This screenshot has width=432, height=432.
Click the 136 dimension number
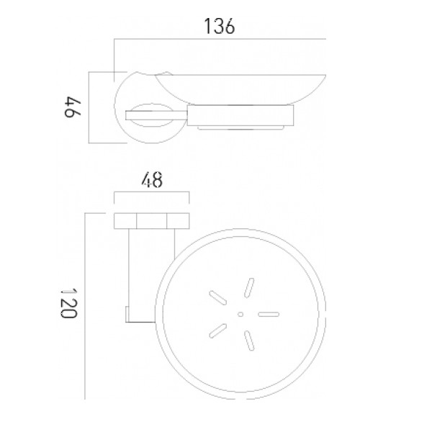point(220,27)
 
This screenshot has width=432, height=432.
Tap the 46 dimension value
point(73,107)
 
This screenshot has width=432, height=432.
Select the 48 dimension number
point(152,180)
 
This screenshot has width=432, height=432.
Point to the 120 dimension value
point(68,303)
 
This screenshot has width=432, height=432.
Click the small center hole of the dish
point(240,314)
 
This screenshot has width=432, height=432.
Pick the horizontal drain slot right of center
point(269,314)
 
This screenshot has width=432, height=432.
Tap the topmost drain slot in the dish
point(249,288)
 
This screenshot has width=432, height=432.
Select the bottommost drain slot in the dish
point(249,341)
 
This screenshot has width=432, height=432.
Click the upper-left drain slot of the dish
point(218,298)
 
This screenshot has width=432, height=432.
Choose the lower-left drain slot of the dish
point(218,330)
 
